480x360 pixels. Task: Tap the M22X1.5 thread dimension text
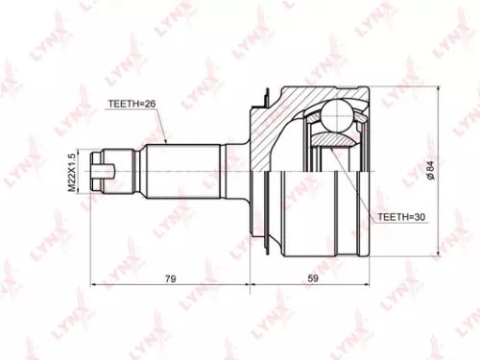tap(72, 172)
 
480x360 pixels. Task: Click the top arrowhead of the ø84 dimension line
tap(439, 87)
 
